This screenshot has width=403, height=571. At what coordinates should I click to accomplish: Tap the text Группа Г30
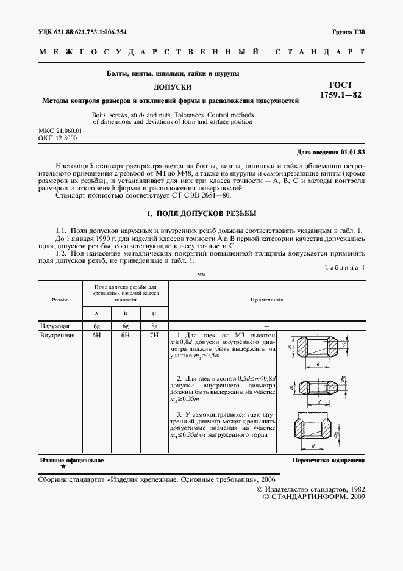349,31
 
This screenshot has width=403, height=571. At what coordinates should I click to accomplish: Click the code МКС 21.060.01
60,131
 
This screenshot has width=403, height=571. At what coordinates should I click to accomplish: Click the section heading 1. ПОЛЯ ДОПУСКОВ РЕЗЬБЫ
201,214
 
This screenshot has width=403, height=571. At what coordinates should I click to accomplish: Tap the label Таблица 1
344,267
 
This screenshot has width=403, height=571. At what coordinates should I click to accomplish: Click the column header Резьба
60,300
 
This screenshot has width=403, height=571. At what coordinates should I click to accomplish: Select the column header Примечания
266,300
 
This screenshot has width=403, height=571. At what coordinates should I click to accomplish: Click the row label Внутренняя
57,335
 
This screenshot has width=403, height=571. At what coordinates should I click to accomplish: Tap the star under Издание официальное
63,467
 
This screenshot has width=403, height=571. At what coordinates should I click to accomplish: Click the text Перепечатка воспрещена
328,460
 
